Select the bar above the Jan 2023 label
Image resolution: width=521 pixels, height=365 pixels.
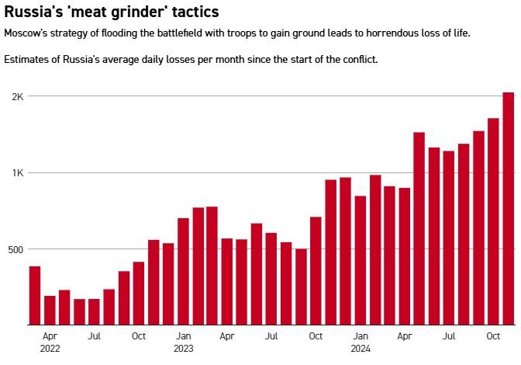183,271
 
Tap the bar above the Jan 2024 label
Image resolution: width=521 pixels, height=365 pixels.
361,260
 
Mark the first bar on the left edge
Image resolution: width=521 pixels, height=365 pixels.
35,295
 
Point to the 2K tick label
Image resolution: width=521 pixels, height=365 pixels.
16,96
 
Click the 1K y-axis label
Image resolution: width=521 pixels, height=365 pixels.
16,172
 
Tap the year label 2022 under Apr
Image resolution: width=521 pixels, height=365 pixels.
49,349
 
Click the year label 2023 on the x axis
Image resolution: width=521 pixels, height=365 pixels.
183,349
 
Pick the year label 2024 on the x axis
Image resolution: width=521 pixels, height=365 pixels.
361,349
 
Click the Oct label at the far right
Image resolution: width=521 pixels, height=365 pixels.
494,336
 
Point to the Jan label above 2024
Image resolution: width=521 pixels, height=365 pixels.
361,336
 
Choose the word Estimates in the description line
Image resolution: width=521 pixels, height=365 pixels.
27,60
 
